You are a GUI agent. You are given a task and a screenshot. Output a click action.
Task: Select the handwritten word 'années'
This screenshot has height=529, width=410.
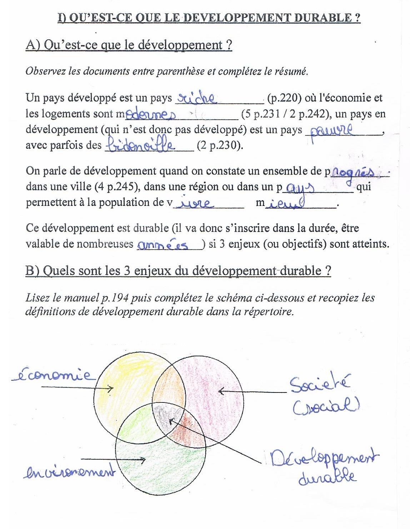168,245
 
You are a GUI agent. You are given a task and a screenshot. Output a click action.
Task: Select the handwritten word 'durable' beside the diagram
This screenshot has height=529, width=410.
327,477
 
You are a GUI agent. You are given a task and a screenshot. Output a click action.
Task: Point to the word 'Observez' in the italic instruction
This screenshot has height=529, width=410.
45,71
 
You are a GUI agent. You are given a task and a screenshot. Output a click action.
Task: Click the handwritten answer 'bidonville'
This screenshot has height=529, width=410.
141,145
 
